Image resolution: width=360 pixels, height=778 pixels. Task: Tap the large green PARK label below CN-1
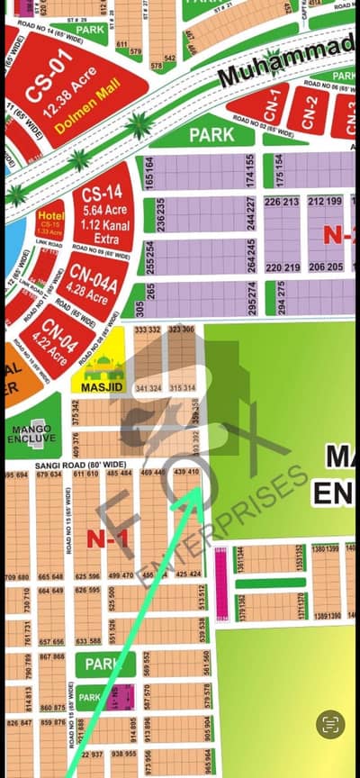coord(211,135)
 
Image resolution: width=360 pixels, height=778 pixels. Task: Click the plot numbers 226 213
coord(283,202)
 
